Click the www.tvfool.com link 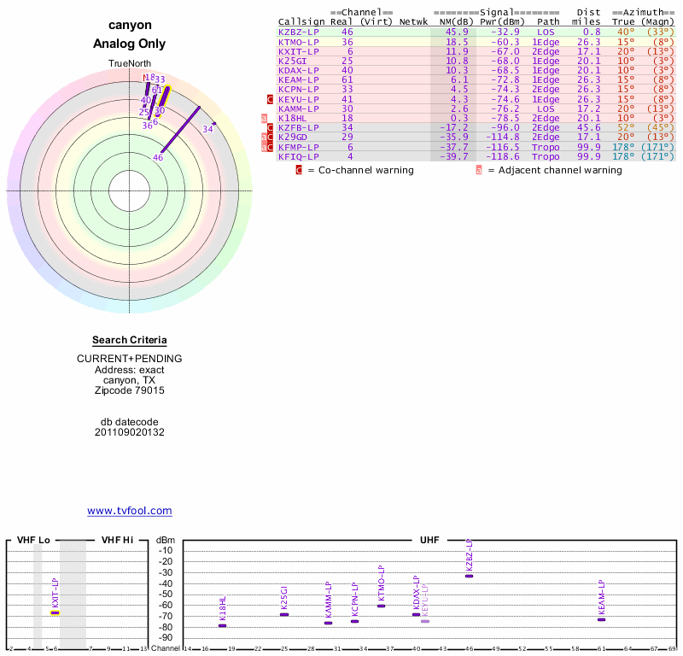click(130, 511)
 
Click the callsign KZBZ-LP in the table click(299, 32)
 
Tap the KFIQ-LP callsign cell click(299, 156)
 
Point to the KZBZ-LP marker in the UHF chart click(469, 576)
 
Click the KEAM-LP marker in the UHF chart click(601, 619)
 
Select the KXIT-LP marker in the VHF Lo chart click(55, 612)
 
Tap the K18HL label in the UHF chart click(223, 609)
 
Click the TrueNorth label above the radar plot click(129, 64)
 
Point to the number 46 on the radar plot click(158, 157)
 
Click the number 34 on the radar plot click(207, 129)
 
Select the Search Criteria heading click(129, 340)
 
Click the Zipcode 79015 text click(129, 390)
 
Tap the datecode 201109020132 click(129, 432)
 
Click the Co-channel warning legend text click(359, 170)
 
